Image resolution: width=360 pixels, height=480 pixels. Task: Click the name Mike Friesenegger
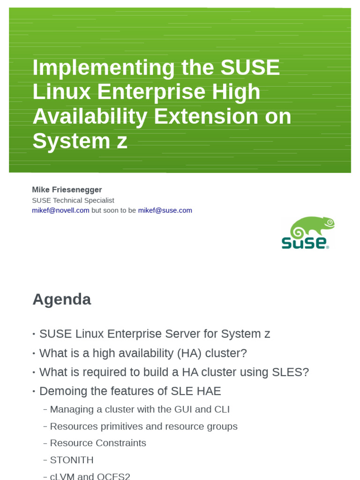pyautogui.click(x=67, y=189)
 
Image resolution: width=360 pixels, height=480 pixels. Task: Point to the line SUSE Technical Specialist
pyautogui.click(x=73, y=200)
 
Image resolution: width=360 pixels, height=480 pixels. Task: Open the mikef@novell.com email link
pyautogui.click(x=60, y=210)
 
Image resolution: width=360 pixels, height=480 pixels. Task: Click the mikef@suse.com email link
pyautogui.click(x=165, y=210)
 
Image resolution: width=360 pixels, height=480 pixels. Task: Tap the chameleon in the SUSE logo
pyautogui.click(x=312, y=227)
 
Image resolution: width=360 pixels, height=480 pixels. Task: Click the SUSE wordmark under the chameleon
pyautogui.click(x=305, y=243)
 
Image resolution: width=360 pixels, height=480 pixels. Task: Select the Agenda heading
pyautogui.click(x=61, y=299)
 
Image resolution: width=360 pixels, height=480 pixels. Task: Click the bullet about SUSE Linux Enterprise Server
pyautogui.click(x=155, y=334)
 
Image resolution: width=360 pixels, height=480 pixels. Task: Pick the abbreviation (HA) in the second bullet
pyautogui.click(x=190, y=353)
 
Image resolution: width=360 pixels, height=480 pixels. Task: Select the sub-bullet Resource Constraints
pyautogui.click(x=98, y=443)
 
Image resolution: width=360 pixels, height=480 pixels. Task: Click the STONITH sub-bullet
pyautogui.click(x=72, y=460)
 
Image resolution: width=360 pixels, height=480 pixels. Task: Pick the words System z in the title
pyautogui.click(x=80, y=141)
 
